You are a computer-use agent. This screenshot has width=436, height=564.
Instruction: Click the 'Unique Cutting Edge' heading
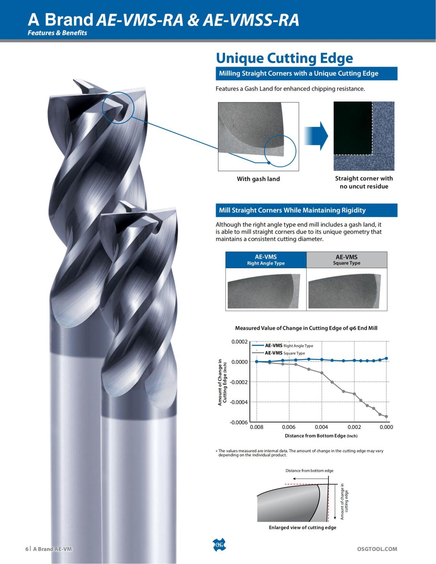(284, 58)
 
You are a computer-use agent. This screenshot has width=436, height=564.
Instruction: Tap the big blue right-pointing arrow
(316, 136)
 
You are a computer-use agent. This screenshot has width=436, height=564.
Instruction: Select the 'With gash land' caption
(258, 179)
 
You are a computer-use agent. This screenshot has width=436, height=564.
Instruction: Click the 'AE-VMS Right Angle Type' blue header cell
(266, 260)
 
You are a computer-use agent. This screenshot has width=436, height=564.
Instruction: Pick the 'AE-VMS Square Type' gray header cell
(346, 260)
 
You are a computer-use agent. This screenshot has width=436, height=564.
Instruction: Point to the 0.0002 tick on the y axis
(239, 342)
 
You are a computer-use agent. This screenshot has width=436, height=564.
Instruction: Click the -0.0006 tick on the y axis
(239, 422)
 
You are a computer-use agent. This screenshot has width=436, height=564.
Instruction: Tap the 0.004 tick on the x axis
(321, 427)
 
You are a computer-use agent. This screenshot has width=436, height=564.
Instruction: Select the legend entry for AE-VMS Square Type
(284, 353)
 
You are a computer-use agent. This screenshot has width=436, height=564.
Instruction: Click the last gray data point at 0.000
(386, 417)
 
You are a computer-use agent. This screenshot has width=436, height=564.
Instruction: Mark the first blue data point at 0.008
(257, 361)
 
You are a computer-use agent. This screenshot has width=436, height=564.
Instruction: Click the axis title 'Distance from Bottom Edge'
(321, 436)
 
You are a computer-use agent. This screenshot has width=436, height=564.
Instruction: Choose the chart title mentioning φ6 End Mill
(306, 328)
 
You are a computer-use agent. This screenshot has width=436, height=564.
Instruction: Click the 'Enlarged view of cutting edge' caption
(302, 527)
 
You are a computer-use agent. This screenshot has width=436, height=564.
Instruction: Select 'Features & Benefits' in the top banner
(57, 33)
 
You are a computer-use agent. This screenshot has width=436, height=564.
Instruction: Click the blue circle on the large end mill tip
(118, 107)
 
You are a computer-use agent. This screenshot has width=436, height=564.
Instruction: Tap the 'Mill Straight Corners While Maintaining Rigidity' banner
(292, 210)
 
